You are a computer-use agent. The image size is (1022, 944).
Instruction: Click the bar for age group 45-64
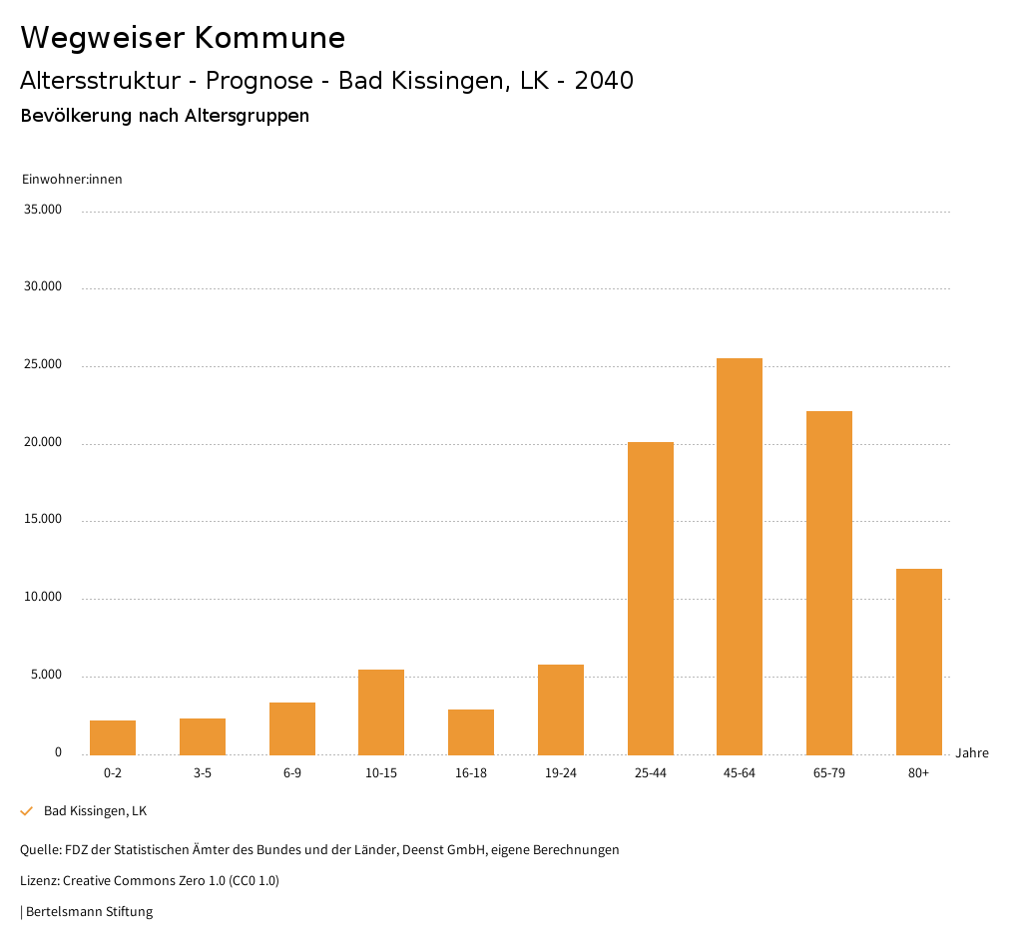click(x=740, y=556)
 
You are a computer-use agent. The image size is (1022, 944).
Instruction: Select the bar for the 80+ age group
click(x=918, y=662)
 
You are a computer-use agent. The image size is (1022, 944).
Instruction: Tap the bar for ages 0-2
click(x=113, y=737)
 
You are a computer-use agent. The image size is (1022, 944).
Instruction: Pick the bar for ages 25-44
click(x=650, y=598)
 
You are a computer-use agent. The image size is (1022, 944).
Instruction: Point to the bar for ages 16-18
click(x=471, y=731)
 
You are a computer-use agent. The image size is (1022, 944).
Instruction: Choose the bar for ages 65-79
click(x=829, y=583)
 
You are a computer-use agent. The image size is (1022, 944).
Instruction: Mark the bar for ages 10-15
click(x=381, y=711)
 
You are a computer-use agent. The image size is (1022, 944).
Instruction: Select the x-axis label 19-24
click(x=561, y=773)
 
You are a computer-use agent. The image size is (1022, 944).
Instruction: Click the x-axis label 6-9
click(x=292, y=773)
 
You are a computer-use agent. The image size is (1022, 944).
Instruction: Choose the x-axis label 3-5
click(x=203, y=773)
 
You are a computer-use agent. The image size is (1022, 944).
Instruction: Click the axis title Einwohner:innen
click(x=72, y=180)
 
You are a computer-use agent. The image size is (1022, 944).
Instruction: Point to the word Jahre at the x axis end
click(x=971, y=753)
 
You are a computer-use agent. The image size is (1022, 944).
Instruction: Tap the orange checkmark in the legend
click(x=27, y=811)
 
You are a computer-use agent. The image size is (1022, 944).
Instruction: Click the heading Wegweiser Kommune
click(x=183, y=38)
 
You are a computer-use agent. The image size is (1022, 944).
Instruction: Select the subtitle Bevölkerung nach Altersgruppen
click(x=165, y=116)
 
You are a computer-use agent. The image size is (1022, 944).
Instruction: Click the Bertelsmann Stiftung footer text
click(x=89, y=911)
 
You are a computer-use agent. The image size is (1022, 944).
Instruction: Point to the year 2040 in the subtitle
click(x=603, y=81)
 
